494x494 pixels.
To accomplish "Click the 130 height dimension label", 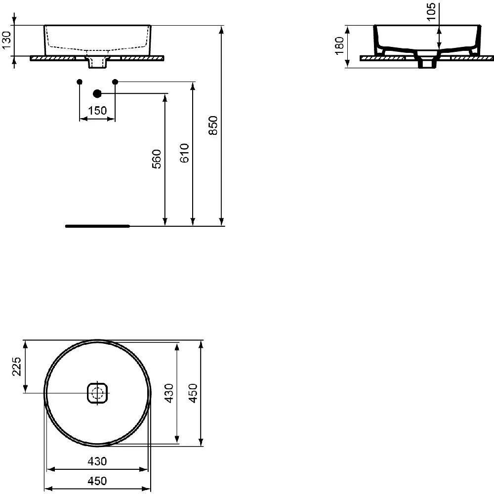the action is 6,41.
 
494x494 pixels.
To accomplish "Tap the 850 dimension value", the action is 213,125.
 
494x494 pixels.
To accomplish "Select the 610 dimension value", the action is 185,153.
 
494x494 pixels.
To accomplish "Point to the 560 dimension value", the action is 157,159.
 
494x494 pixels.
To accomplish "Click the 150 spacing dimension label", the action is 97,111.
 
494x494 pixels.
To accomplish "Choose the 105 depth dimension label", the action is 431,11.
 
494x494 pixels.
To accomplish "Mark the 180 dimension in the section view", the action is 340,45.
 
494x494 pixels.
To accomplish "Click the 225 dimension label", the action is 16,367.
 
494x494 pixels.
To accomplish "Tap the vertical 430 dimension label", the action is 169,393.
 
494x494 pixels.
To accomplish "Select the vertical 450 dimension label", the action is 193,393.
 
